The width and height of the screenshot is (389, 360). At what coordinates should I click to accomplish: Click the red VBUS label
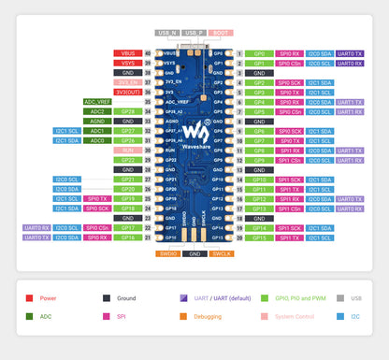tap(127, 53)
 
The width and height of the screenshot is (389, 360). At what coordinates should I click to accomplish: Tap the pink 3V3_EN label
tap(127, 82)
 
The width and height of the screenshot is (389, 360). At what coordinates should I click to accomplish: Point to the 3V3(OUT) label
tap(127, 92)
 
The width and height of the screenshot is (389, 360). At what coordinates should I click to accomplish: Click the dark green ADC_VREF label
tap(98, 101)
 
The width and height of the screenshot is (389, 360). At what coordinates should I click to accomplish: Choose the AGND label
tap(98, 121)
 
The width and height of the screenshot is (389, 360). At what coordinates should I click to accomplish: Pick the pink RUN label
tap(127, 150)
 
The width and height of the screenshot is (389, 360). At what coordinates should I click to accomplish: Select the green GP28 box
tap(127, 111)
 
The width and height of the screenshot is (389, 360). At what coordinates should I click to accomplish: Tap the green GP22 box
tap(127, 160)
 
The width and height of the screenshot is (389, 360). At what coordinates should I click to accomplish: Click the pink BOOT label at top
tap(221, 33)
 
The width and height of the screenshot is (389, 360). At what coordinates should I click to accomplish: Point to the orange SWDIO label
tap(168, 253)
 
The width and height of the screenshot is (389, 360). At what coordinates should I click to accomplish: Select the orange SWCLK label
tap(221, 253)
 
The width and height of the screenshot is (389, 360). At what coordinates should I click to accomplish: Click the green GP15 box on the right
tap(261, 238)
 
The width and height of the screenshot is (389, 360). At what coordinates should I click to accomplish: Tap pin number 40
tap(148, 53)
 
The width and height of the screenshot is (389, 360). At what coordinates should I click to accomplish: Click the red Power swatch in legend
tap(31, 298)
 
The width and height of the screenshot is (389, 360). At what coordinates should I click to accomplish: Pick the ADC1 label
tap(98, 131)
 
